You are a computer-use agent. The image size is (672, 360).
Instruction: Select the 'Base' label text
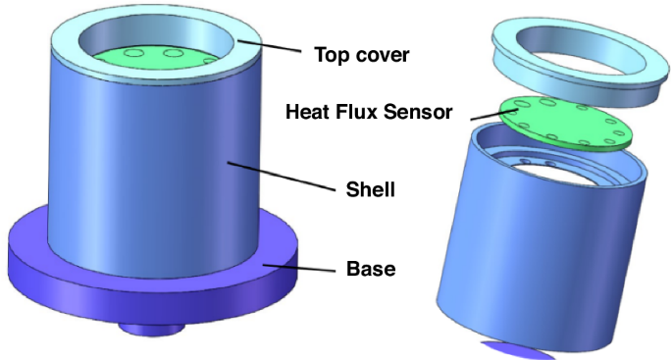pos(372,266)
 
